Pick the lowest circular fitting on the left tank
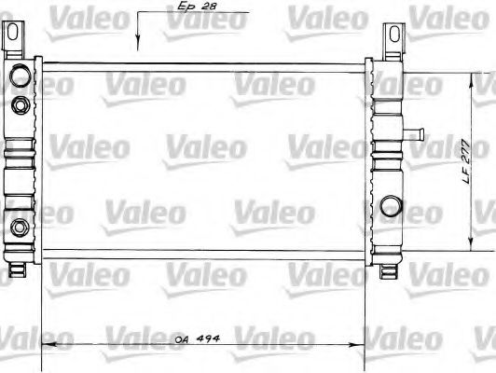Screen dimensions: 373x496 click(x=19, y=226)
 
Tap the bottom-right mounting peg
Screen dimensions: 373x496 click(x=390, y=270)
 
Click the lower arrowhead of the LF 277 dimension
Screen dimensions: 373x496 click(x=468, y=249)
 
